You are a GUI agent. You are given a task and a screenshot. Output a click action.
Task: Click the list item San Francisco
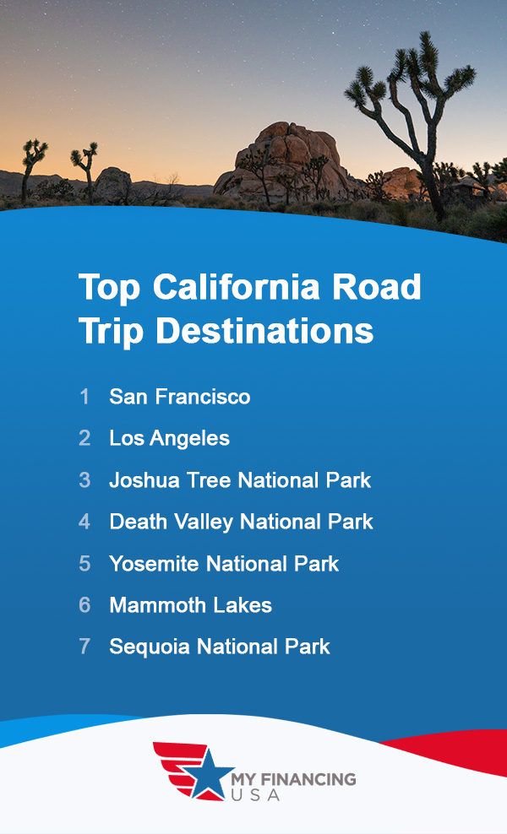tap(179, 397)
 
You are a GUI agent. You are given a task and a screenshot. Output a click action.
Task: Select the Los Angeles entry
tap(169, 438)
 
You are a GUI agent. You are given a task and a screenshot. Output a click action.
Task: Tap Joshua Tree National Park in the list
tap(240, 480)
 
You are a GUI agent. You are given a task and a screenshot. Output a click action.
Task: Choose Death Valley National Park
tap(241, 522)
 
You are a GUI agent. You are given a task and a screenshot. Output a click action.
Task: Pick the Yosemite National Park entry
tap(224, 563)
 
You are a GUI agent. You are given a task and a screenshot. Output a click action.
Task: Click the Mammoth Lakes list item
tap(190, 605)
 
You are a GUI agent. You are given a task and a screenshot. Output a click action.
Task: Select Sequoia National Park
tap(220, 647)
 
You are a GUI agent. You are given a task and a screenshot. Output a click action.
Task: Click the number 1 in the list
tap(84, 397)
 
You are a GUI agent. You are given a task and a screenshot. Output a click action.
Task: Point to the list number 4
tap(84, 522)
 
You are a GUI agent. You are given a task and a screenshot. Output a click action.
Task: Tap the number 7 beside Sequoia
tap(84, 647)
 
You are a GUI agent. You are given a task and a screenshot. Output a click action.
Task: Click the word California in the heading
tap(224, 288)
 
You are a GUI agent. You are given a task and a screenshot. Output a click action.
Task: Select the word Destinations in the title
tap(264, 330)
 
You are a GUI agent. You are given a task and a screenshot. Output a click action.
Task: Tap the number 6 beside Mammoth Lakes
tap(84, 605)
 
